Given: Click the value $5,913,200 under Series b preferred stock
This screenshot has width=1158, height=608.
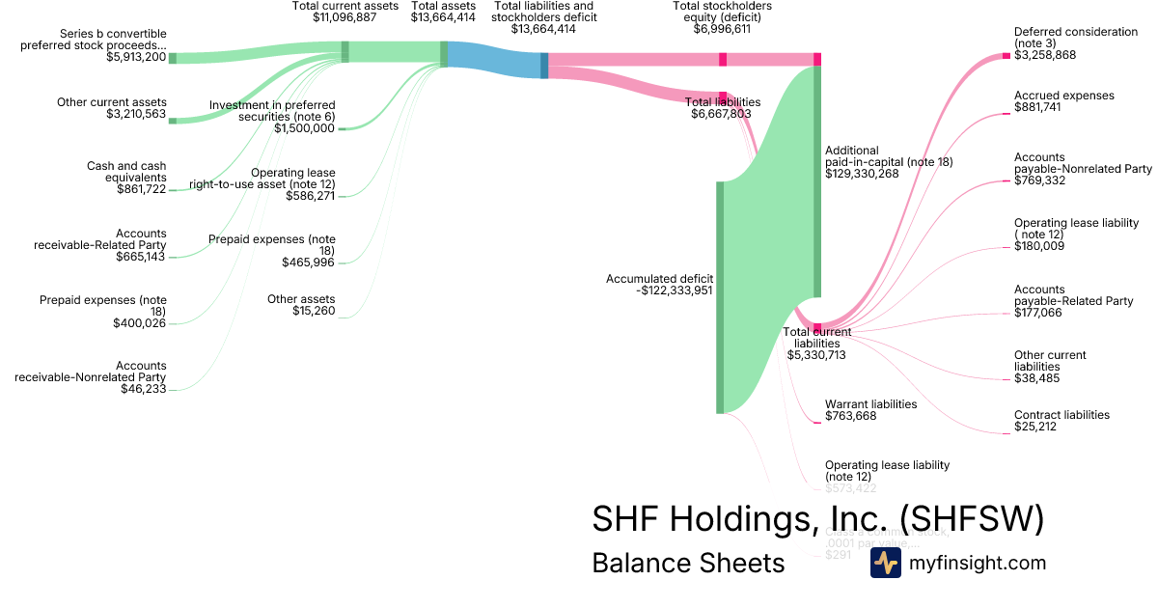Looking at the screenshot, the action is pyautogui.click(x=136, y=57).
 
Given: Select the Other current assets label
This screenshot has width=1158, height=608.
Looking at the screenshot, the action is pyautogui.click(x=111, y=102).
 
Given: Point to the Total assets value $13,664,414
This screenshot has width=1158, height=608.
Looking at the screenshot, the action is pyautogui.click(x=443, y=17).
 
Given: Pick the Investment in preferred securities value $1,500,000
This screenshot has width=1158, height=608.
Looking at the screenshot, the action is pyautogui.click(x=304, y=128).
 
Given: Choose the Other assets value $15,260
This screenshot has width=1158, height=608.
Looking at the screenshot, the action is pyautogui.click(x=314, y=311).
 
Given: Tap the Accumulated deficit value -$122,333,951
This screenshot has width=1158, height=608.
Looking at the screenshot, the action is pyautogui.click(x=675, y=290).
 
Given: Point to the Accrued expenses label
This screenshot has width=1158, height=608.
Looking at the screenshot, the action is pyautogui.click(x=1063, y=96).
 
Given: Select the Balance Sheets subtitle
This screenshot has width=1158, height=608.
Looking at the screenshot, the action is pyautogui.click(x=688, y=563).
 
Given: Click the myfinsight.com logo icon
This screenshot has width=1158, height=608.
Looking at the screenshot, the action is pyautogui.click(x=885, y=563).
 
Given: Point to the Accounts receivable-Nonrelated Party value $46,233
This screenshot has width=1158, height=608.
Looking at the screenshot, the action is pyautogui.click(x=143, y=389).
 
